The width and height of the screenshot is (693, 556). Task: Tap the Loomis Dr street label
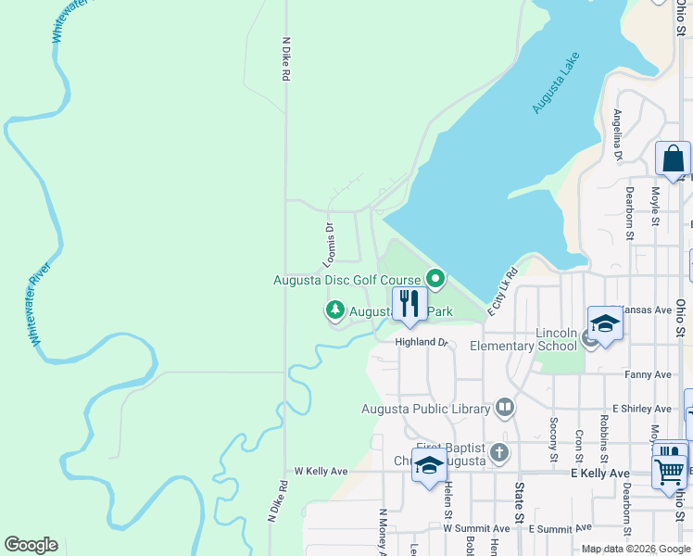click(x=328, y=243)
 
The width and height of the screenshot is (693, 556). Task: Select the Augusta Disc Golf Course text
click(x=346, y=280)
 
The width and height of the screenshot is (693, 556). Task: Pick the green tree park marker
click(x=334, y=310)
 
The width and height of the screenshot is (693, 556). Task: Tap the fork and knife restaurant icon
click(x=409, y=304)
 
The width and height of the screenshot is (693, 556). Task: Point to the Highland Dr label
click(x=422, y=342)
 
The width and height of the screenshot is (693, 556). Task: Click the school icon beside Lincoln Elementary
click(x=605, y=323)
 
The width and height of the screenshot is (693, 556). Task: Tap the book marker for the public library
click(x=505, y=406)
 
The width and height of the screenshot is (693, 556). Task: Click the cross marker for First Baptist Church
click(x=499, y=453)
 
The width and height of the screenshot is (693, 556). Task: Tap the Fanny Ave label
click(x=649, y=374)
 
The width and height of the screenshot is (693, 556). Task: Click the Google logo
click(x=31, y=545)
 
